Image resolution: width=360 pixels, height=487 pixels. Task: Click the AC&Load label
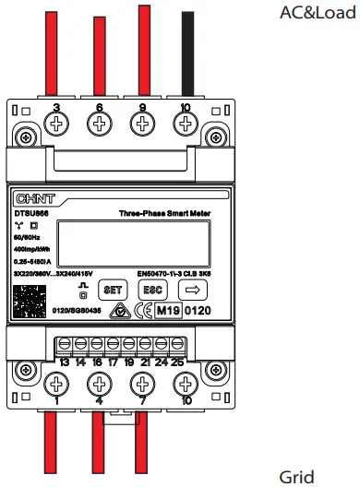pos(318,16)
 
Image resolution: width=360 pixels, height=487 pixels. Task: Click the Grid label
pos(296,476)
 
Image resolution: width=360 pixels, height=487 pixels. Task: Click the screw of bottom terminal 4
pos(100,382)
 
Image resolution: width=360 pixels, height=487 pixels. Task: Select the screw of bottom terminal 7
pos(143,382)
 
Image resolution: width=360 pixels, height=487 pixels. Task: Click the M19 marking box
pos(166,312)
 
